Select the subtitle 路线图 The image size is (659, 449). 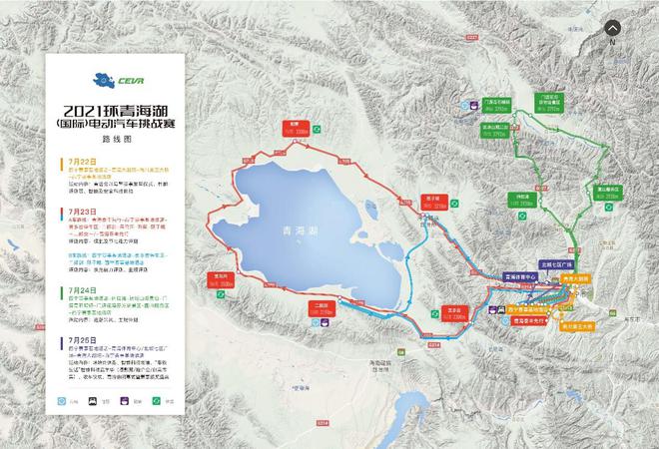tap(119, 142)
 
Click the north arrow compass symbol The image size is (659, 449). tap(611, 29)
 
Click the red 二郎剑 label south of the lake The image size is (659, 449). tap(321, 307)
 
